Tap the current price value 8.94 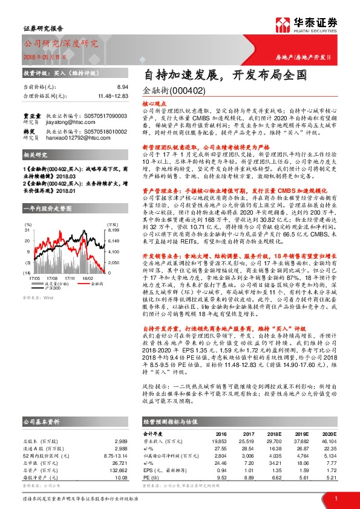(122, 88)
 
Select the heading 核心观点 (152, 105)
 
